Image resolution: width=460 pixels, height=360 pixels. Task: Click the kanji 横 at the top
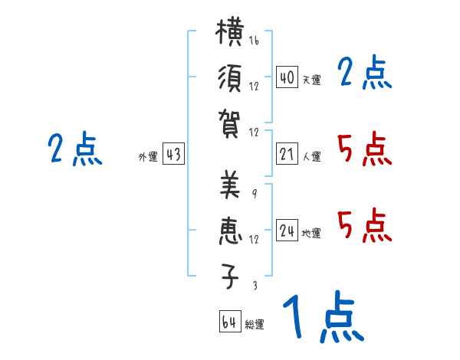[x=230, y=34]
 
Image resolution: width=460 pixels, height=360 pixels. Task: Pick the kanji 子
[x=230, y=277]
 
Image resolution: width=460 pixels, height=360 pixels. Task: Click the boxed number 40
[x=287, y=77]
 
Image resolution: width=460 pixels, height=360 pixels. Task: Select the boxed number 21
[x=287, y=155]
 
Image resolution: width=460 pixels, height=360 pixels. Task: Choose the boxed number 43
[x=173, y=155]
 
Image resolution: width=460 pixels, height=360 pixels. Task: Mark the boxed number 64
[x=229, y=322]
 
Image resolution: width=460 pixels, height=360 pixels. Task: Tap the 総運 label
[x=254, y=324]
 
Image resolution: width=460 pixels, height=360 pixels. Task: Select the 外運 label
[x=147, y=157]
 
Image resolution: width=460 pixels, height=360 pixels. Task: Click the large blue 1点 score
[x=322, y=318]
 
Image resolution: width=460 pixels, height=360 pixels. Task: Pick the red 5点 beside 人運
[x=364, y=149]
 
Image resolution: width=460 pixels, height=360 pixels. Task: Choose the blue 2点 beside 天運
[x=364, y=74]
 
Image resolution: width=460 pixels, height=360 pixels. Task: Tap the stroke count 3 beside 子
[x=254, y=285]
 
